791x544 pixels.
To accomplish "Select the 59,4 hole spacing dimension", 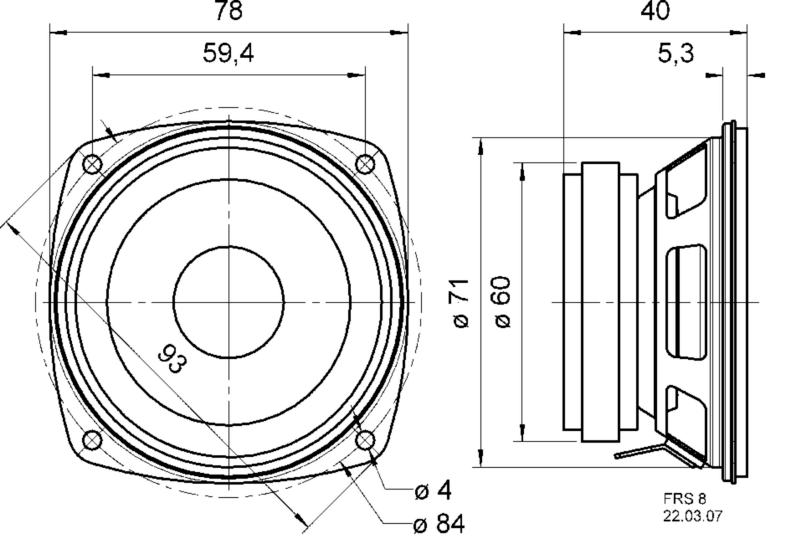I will coord(228,54).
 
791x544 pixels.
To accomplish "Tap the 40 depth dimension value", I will coord(655,11).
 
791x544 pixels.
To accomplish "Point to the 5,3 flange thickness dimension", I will coord(675,54).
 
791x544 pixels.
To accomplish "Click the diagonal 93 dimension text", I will coord(172,359).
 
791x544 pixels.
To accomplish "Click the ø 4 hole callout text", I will coord(433,491).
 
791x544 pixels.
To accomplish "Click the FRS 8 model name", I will coord(684,499).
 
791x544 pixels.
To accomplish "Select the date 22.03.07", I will coord(692,516).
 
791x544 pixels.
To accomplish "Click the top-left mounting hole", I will coord(92,164).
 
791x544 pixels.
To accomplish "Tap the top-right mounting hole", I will coord(365,164).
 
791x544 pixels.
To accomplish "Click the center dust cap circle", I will coord(229,302).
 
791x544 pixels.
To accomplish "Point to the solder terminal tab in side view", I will coord(641,452).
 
